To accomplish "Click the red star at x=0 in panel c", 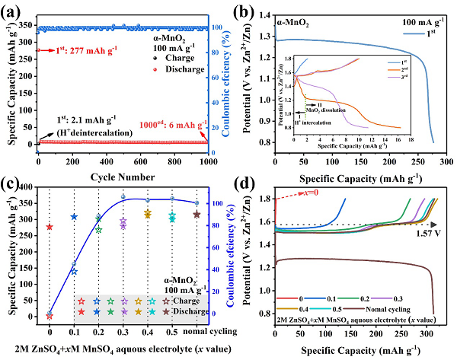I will [50, 227].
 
